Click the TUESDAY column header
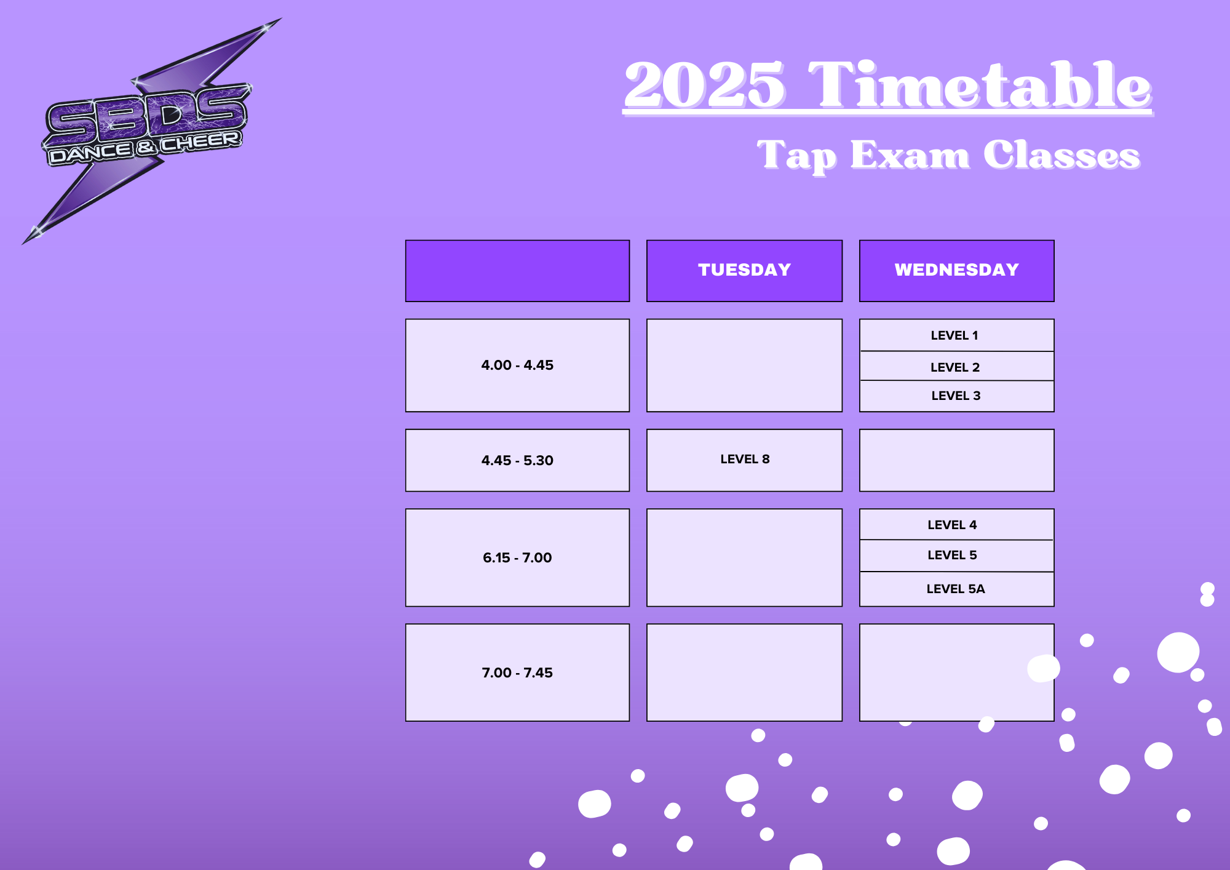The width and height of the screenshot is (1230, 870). (x=744, y=271)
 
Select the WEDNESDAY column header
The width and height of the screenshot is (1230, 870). (x=956, y=271)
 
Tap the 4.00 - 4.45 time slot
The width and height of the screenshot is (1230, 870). (x=517, y=365)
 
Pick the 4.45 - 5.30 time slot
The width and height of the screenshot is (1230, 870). (x=517, y=460)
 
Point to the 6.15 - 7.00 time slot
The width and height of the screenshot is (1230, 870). (x=517, y=557)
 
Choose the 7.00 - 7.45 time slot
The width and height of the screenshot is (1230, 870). (x=517, y=672)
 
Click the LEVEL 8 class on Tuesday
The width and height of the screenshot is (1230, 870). (x=745, y=459)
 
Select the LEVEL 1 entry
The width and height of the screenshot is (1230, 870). (x=954, y=335)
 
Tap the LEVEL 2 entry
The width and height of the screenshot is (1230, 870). (x=954, y=367)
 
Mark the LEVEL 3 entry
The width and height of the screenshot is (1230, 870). (x=956, y=396)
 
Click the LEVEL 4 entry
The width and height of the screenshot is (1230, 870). (x=952, y=525)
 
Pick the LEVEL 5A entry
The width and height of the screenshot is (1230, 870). (x=956, y=589)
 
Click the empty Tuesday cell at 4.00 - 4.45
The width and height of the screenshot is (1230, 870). (x=744, y=365)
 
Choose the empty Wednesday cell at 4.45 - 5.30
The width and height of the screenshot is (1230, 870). (x=956, y=460)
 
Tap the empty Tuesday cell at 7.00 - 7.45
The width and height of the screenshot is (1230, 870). (x=744, y=672)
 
